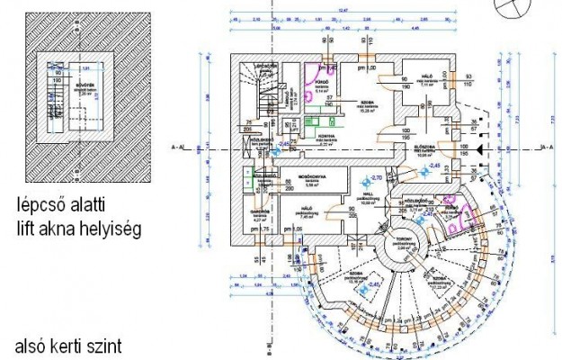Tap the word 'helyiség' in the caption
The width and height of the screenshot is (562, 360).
(112, 229)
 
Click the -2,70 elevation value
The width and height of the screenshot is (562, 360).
(377, 178)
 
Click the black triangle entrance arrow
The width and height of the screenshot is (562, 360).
(479, 145)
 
